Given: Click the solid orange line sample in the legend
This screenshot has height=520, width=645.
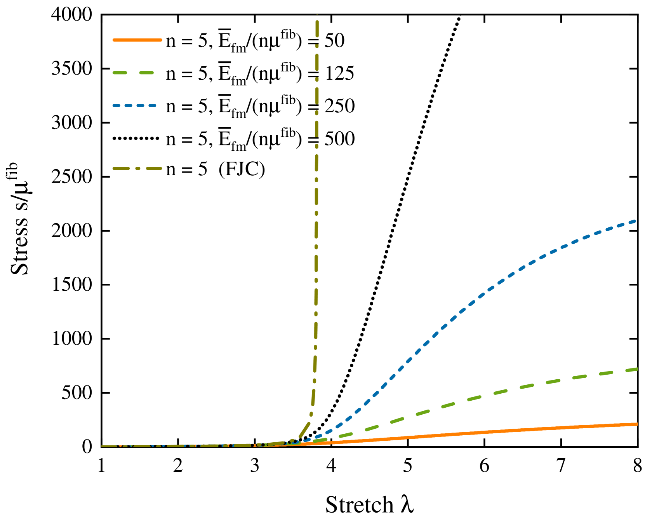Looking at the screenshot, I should (137, 40).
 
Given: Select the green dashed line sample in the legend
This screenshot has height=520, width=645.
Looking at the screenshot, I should (133, 73).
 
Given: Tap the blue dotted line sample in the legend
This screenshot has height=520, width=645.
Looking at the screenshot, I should (134, 105).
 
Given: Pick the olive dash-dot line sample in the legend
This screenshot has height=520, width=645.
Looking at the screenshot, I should (137, 168).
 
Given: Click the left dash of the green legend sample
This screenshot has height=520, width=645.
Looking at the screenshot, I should (120, 73).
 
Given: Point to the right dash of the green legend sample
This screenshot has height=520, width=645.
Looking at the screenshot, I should (147, 73).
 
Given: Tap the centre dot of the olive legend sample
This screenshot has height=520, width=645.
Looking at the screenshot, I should (137, 168).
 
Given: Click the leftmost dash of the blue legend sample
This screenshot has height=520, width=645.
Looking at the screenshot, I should (116, 105).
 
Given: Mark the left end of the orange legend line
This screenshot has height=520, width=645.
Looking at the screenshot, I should (114, 40).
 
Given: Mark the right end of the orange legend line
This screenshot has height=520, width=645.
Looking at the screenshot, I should (161, 40).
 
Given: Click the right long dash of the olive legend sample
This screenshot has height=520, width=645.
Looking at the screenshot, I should (154, 168).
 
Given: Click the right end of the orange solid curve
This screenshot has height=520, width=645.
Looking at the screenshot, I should (637, 424).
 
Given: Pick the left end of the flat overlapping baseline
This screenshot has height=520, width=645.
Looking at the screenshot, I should (103, 446).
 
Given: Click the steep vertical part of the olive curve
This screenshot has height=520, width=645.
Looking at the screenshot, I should (316, 233).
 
